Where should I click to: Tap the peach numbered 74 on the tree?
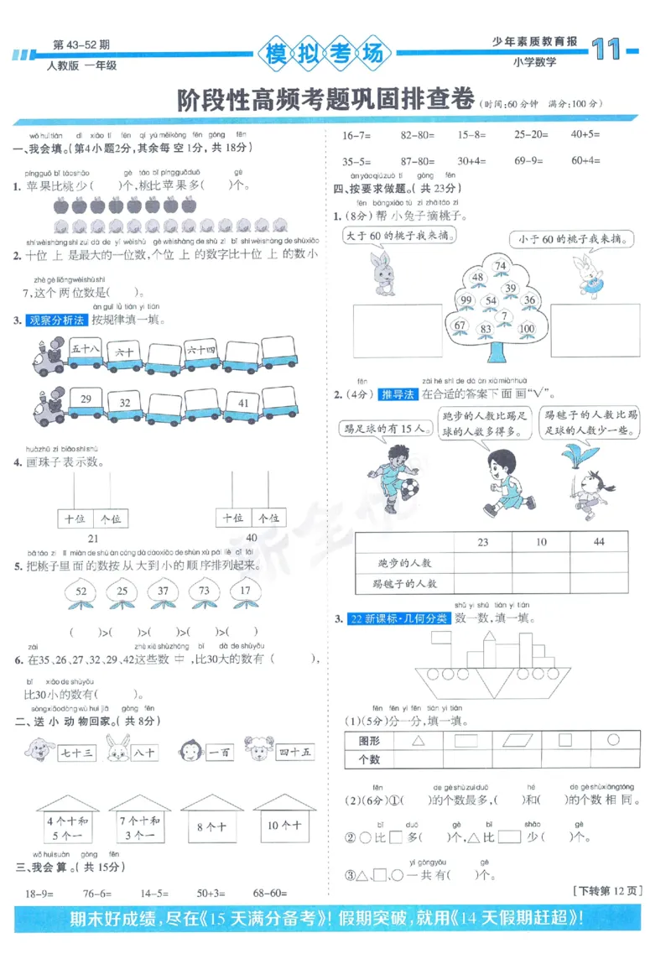tap(501, 267)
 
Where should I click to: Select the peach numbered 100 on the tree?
tap(527, 328)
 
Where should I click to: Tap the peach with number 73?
tap(204, 592)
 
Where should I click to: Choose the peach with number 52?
tap(81, 592)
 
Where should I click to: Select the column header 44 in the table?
tap(598, 542)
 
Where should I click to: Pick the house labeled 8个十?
tap(211, 826)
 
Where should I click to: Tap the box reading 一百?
tap(220, 753)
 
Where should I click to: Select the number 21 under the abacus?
tap(93, 538)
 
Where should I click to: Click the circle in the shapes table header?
tap(613, 740)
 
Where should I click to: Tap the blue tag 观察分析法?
tap(57, 320)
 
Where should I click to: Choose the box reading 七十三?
tap(77, 753)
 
